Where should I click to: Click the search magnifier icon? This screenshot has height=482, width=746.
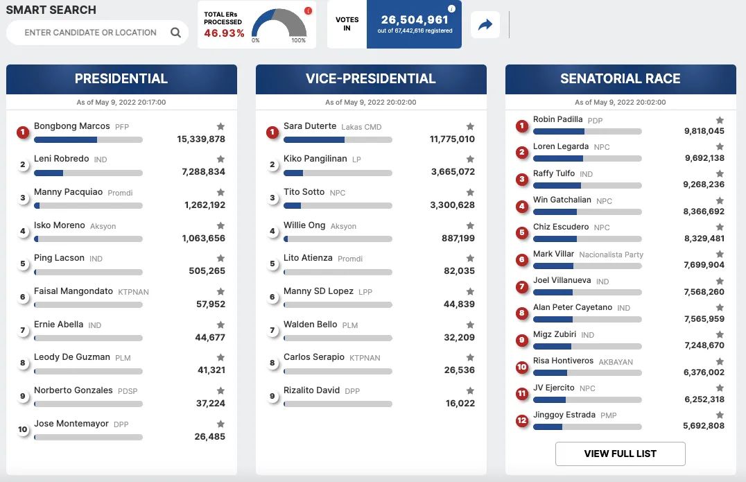(x=175, y=33)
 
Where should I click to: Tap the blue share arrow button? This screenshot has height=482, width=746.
(x=485, y=25)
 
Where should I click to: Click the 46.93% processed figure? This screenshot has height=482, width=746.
(x=224, y=33)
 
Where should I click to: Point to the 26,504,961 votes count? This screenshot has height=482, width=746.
(x=415, y=19)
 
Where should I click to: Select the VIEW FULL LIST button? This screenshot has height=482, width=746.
(x=620, y=454)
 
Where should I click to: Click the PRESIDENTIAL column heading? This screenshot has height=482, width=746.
(x=121, y=78)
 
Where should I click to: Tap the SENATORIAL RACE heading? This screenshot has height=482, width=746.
(x=620, y=78)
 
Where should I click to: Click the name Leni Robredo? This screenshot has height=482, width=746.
(x=62, y=158)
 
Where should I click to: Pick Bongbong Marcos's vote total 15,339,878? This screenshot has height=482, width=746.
(x=201, y=139)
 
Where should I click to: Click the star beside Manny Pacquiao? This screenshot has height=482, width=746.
(x=220, y=192)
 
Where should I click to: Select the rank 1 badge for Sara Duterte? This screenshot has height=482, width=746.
(x=272, y=132)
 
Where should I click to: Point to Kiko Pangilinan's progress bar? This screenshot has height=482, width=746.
(x=338, y=173)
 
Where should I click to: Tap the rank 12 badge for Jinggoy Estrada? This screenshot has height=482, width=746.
(x=522, y=420)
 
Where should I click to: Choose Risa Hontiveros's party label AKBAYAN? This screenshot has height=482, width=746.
(x=616, y=362)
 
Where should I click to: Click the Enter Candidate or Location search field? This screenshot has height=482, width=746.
(x=90, y=33)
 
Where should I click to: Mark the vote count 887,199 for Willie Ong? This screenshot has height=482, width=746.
(x=458, y=238)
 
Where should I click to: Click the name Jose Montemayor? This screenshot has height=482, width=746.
(x=71, y=424)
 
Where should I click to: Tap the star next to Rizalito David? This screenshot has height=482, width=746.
(x=470, y=390)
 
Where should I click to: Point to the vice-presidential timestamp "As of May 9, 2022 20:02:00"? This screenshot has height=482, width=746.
(x=371, y=103)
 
